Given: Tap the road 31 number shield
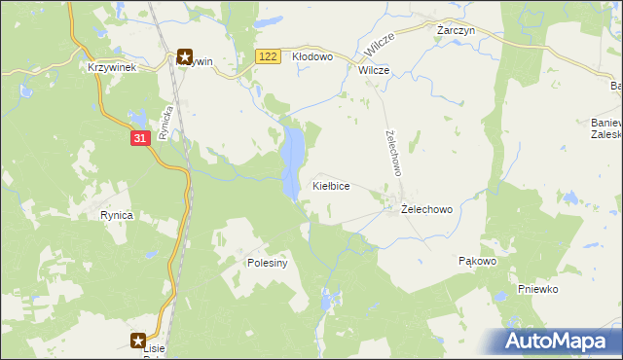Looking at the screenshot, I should pos(140,138).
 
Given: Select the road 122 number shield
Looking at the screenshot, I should pos(269,57).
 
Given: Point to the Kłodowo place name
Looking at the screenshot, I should pos(313,57).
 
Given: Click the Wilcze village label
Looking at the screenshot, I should pos(374,71).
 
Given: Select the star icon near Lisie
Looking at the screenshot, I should pos(139,341).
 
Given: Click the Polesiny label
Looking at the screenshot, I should pos(266,263).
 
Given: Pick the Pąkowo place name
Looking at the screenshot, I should pos(477,262).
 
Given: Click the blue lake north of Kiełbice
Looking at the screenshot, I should pos(291,161).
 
